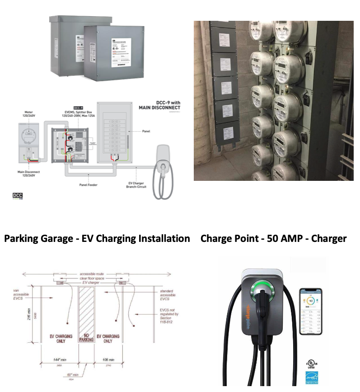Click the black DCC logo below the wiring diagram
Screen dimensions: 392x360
pos(17,196)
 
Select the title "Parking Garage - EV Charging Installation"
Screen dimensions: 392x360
pos(97,238)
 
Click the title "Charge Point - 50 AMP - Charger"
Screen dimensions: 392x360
pos(273,238)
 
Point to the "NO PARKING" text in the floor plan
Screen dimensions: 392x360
pos(85,337)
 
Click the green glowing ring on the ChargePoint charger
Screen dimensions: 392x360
pos(262,289)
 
